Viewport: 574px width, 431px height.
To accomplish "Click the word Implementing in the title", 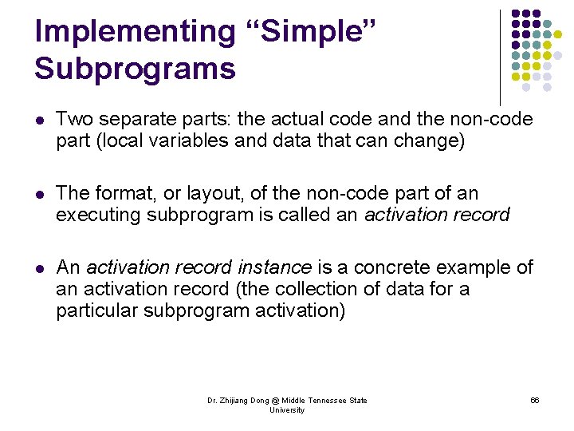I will (x=136, y=31).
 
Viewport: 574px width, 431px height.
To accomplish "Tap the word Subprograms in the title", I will (x=135, y=68).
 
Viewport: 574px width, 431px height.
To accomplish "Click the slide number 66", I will (x=534, y=401).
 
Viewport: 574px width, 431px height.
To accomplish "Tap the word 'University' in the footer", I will (x=287, y=410).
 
